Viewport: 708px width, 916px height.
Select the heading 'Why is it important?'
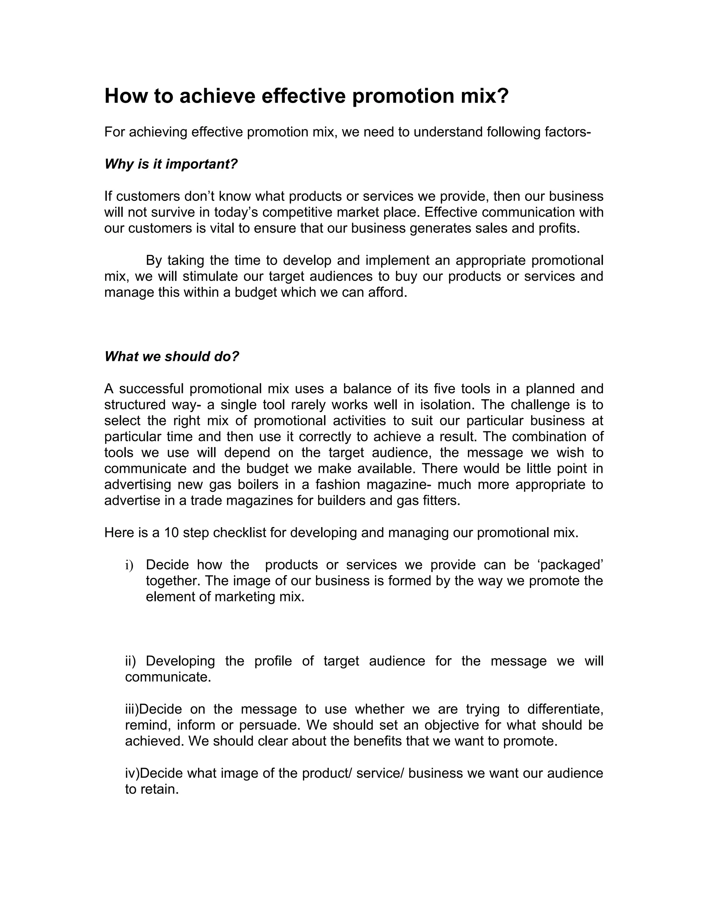point(171,164)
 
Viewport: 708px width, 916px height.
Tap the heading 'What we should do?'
point(171,356)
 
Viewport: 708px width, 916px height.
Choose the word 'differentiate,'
point(565,709)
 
